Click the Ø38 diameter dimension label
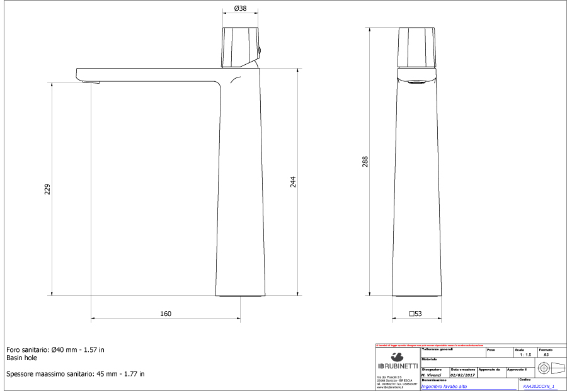click(x=240, y=9)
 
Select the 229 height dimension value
click(x=47, y=189)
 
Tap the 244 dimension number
click(x=293, y=181)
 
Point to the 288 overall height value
click(x=365, y=162)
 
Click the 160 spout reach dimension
click(x=165, y=314)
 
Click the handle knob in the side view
click(x=241, y=47)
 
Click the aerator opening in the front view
click(x=416, y=81)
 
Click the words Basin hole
click(x=22, y=358)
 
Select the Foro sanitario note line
click(x=55, y=349)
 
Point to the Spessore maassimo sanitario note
click(x=75, y=373)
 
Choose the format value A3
click(x=546, y=355)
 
